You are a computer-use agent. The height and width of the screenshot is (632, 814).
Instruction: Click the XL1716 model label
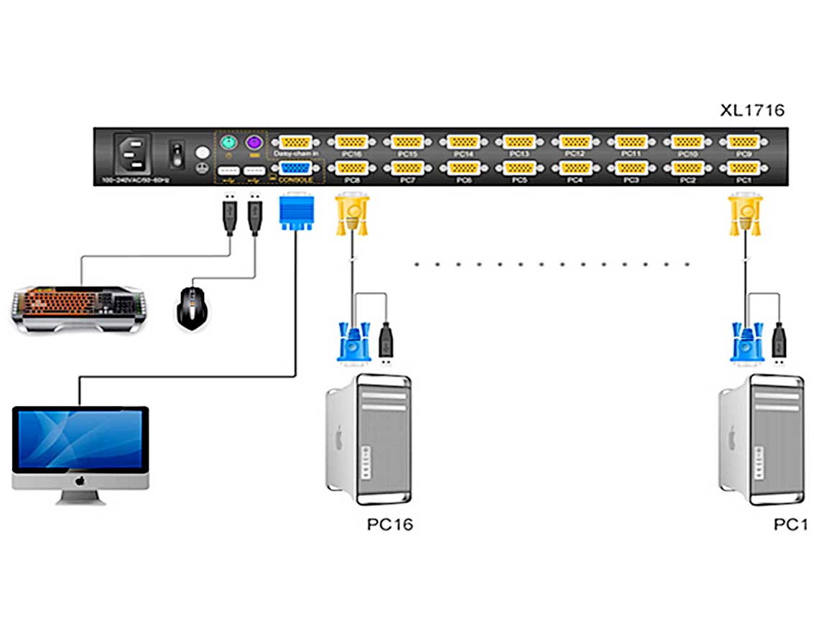(x=752, y=111)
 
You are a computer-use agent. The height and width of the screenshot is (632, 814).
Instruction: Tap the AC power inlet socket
(x=131, y=154)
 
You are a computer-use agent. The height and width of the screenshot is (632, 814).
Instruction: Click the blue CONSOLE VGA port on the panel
(x=295, y=168)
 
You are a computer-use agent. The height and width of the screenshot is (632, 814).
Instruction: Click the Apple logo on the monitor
(x=80, y=480)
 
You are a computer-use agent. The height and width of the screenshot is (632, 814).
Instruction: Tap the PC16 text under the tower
(x=390, y=524)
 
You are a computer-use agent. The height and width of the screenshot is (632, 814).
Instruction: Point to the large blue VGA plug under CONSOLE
(x=295, y=212)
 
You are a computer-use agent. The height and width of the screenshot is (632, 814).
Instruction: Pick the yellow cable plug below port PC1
(x=744, y=215)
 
